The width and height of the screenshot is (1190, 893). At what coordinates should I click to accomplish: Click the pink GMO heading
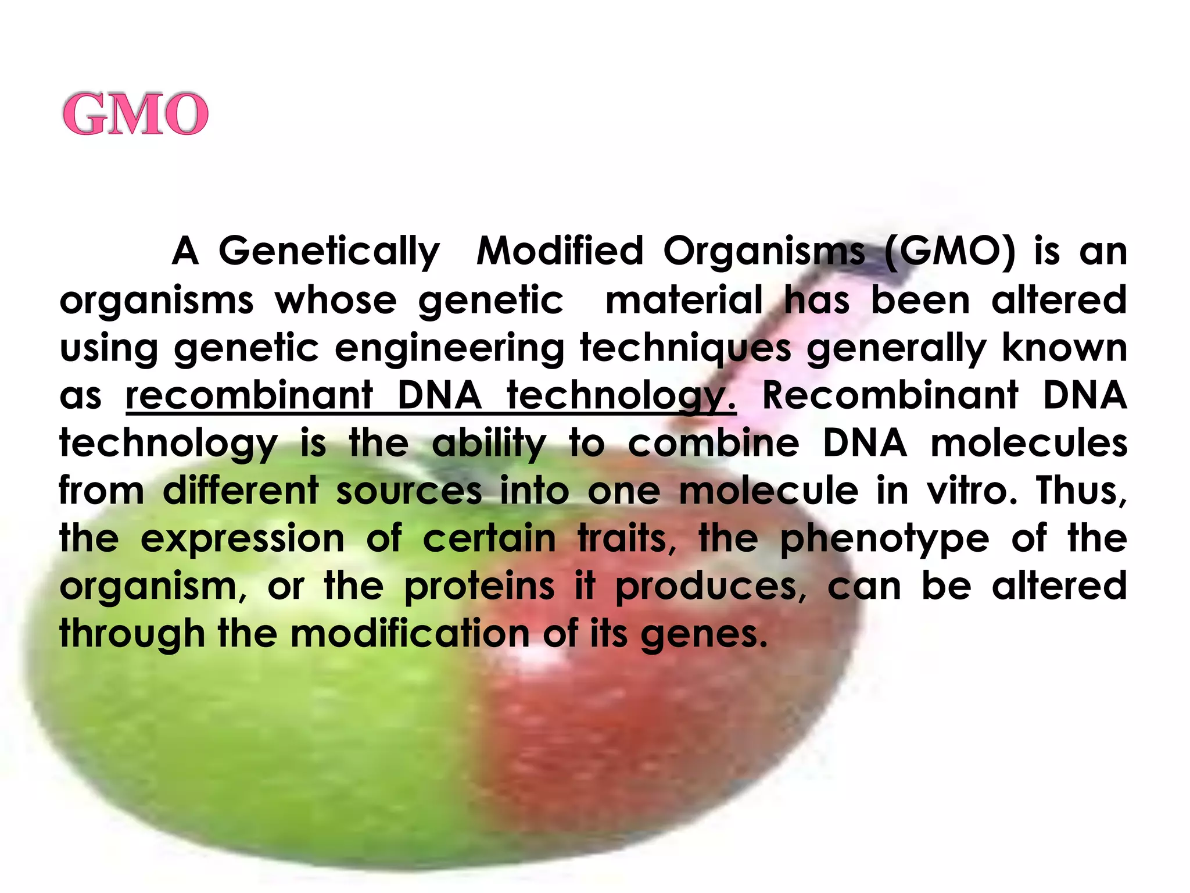[135, 114]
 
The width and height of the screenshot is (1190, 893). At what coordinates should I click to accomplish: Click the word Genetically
[329, 252]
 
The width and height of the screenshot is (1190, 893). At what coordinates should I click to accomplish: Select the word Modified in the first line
[560, 251]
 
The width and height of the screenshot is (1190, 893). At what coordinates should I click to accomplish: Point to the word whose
[336, 300]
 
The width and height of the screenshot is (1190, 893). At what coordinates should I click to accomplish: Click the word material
[684, 300]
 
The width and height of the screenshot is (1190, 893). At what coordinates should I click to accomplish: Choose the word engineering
[449, 349]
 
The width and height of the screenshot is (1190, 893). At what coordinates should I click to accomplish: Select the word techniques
[686, 349]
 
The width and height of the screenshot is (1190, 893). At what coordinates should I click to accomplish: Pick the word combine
[714, 443]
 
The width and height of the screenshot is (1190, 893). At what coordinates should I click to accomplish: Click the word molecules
[1029, 443]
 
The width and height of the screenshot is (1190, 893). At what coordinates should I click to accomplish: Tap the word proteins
[479, 586]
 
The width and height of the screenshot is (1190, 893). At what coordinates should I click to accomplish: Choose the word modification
[410, 634]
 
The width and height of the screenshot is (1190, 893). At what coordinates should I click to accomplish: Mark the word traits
[626, 538]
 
